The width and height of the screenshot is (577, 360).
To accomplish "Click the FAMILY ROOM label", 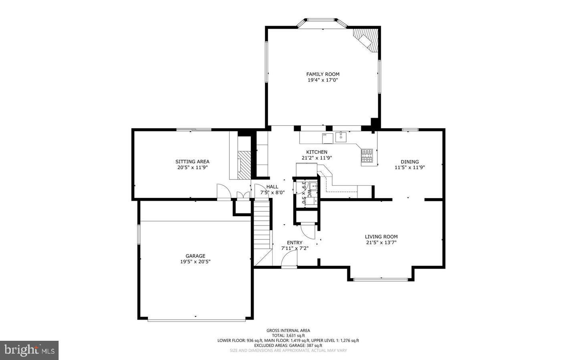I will (x=323, y=74).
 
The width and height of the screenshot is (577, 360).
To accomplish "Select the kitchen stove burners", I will (x=367, y=157).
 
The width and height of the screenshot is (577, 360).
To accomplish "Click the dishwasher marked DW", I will (x=327, y=138).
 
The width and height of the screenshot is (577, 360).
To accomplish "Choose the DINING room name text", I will (x=410, y=162).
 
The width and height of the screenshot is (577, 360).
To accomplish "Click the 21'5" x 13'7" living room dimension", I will (x=381, y=242).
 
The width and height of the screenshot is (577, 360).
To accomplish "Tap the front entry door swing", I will (x=289, y=261).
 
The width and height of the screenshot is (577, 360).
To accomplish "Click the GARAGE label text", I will (x=195, y=256).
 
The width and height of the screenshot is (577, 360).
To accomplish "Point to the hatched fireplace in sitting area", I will (x=244, y=165).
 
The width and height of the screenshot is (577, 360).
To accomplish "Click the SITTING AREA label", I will (x=192, y=162).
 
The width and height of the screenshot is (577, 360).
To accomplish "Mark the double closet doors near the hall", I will (x=242, y=195).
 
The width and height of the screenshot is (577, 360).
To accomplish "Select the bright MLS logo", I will (x=29, y=350).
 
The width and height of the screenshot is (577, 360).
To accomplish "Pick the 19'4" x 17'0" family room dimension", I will (x=323, y=80).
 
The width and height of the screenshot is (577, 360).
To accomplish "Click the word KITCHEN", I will (x=317, y=152).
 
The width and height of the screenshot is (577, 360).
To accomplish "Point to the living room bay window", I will (x=380, y=280).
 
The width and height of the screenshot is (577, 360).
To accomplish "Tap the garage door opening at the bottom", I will (x=196, y=320).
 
